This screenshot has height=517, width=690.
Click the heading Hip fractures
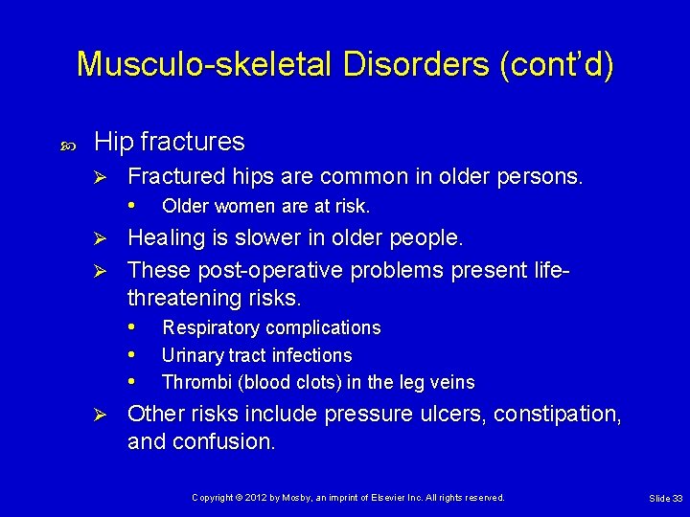pyautogui.click(x=170, y=142)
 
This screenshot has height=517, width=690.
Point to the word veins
pyautogui.click(x=452, y=382)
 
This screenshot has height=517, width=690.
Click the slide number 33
pyautogui.click(x=677, y=499)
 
